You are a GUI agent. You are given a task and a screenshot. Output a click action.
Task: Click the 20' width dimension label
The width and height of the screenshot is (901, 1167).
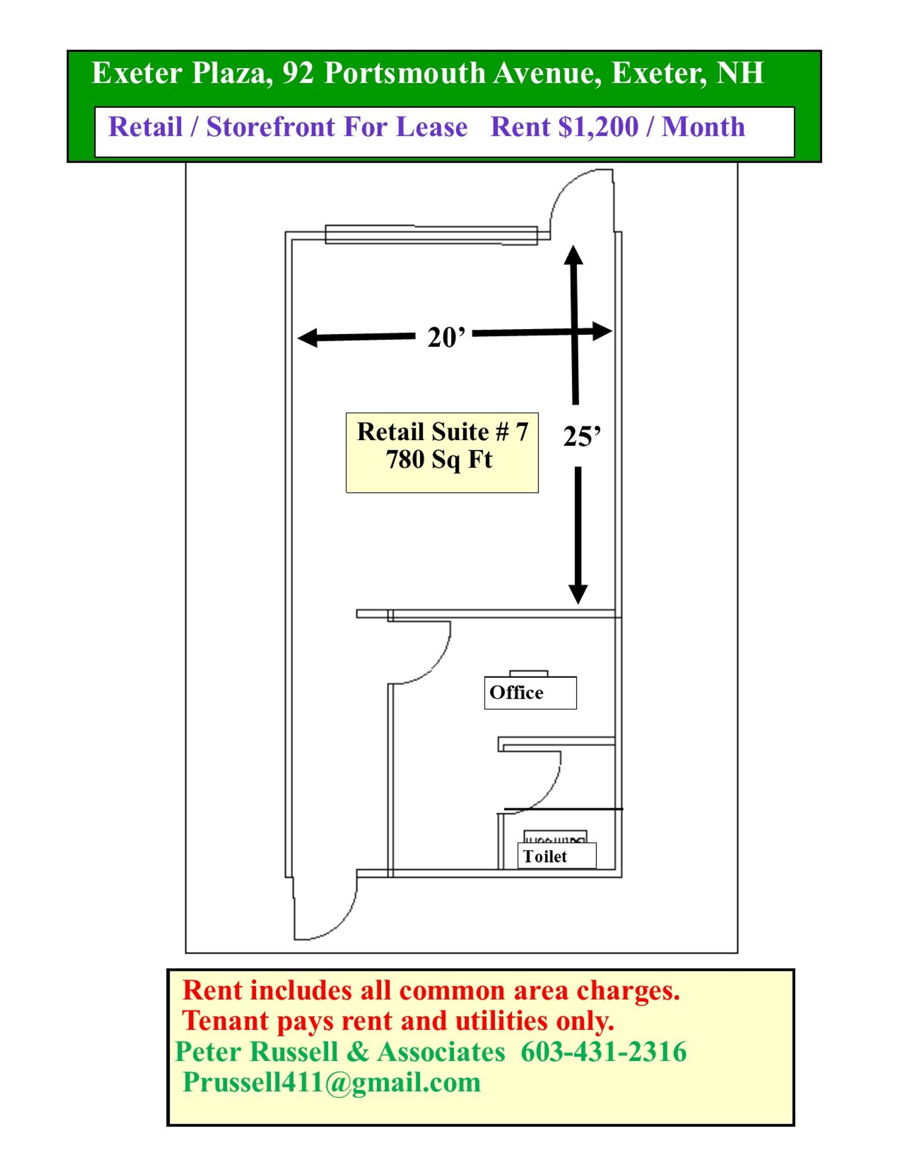pos(446,338)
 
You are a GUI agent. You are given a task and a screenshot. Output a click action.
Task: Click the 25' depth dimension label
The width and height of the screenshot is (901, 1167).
pos(582,436)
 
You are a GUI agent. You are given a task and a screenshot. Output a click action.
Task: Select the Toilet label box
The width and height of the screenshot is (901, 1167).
pos(556,856)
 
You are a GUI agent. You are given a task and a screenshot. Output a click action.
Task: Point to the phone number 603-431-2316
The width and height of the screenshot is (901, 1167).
pos(603,1051)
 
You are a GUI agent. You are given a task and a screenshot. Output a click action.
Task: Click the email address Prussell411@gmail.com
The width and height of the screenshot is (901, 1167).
pos(332,1083)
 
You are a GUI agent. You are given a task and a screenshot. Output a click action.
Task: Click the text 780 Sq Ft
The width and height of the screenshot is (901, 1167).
pos(439,459)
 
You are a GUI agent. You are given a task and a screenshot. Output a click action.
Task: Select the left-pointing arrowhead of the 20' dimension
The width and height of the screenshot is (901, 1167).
pos(307,338)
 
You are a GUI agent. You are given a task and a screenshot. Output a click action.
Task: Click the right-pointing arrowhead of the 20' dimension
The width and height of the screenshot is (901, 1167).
pos(602,331)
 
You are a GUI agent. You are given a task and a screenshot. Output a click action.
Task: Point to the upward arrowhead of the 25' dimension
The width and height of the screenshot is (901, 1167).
pos(573,255)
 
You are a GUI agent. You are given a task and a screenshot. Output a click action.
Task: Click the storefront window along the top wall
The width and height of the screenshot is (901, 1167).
pos(431,234)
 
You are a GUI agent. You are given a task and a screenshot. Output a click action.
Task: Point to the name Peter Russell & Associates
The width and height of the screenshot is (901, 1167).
pos(340,1051)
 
